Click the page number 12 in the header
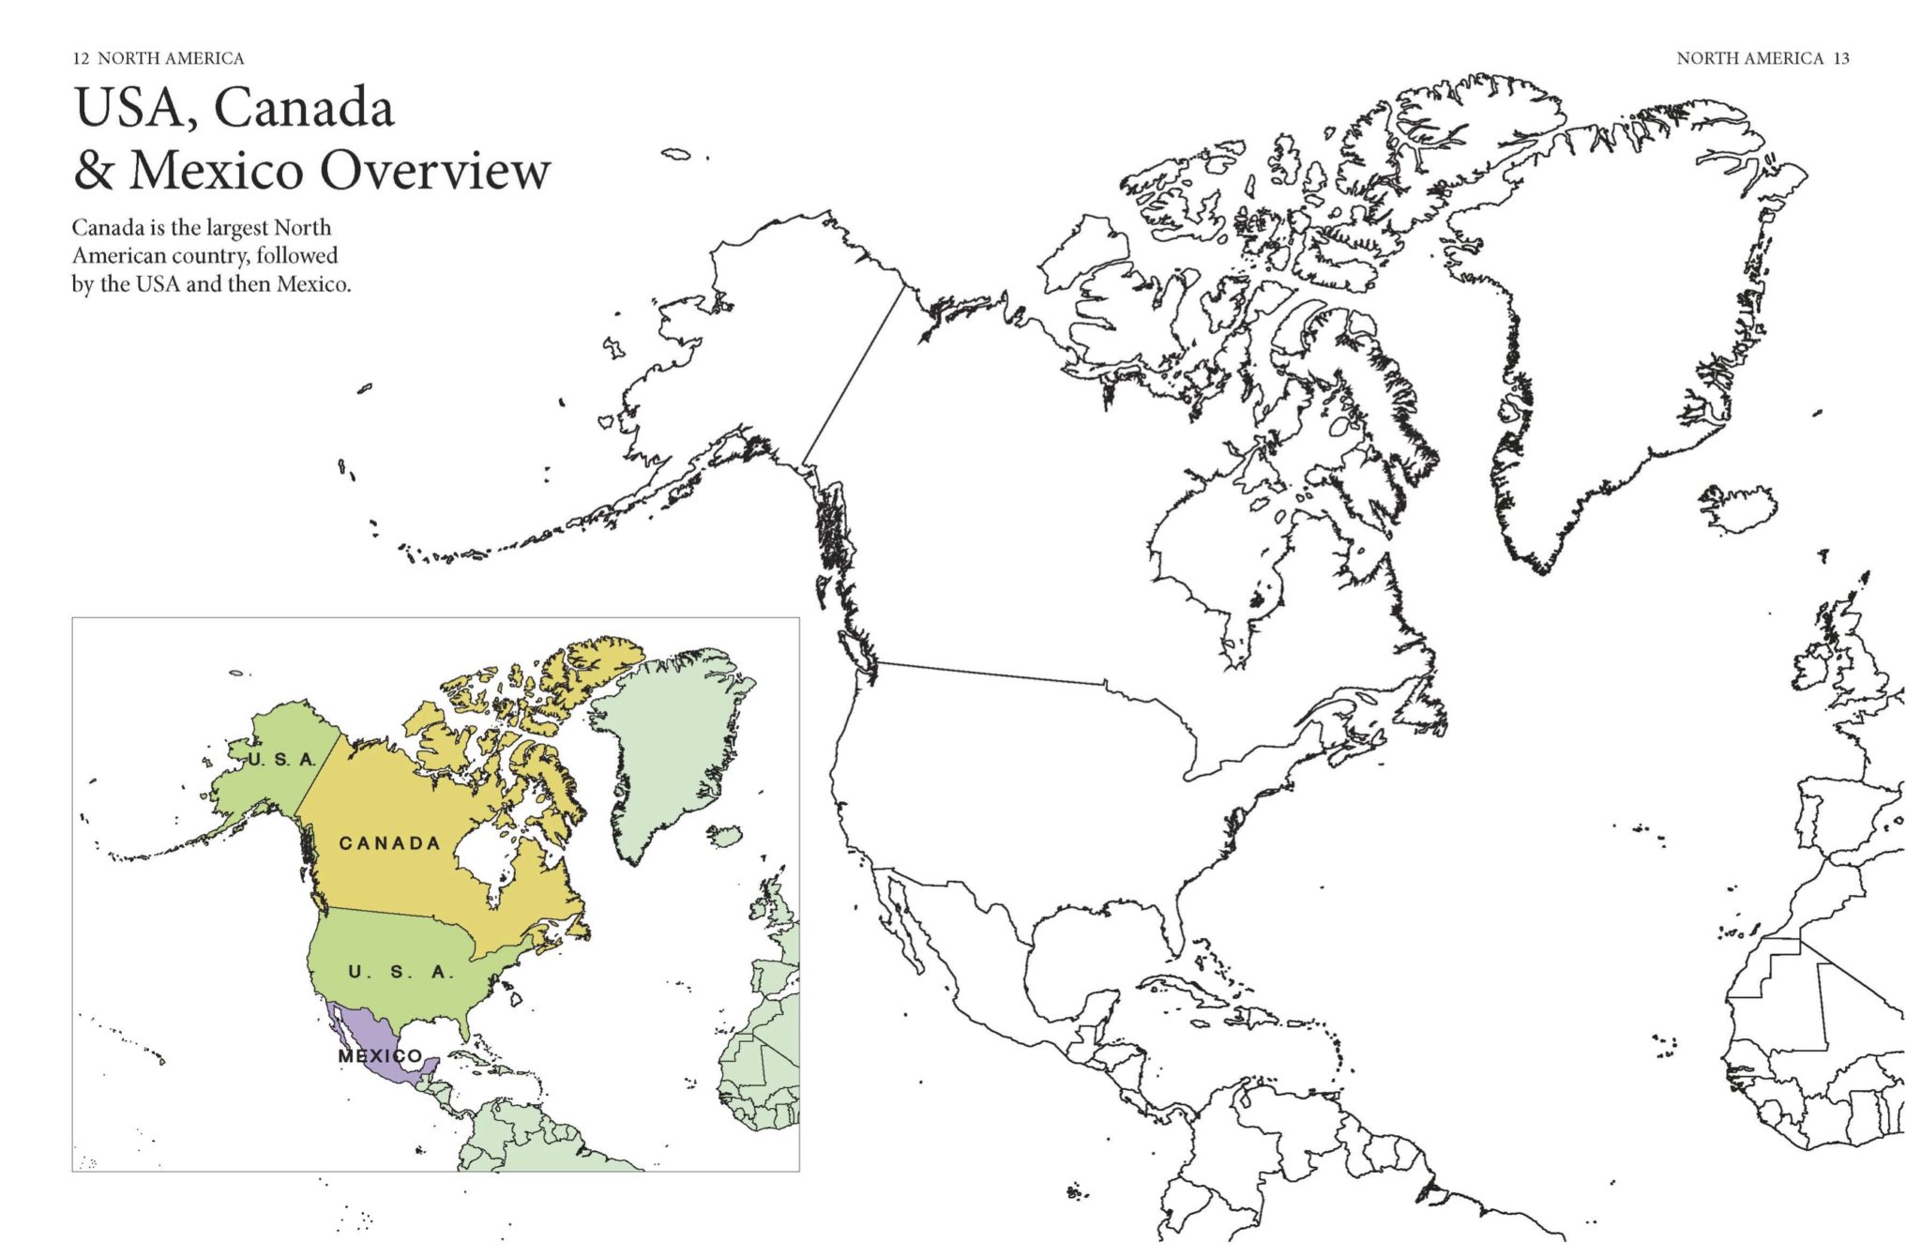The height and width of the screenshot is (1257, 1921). tap(81, 58)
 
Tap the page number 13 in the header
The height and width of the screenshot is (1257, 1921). tap(1841, 58)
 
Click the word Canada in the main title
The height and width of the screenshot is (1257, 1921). tap(304, 108)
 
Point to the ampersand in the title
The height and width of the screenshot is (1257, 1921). tap(94, 171)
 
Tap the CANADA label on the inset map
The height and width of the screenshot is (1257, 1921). tap(389, 843)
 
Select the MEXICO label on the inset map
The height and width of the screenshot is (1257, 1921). tap(380, 1056)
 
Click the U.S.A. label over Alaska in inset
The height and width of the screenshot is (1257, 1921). tap(281, 759)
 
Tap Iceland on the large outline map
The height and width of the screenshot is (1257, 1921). tap(1738, 509)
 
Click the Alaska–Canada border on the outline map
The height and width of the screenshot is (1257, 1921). tap(854, 375)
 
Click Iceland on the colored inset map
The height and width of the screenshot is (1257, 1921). tap(724, 835)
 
